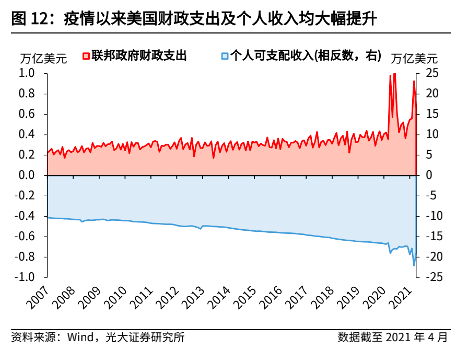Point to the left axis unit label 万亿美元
point(44,60)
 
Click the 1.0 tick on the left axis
point(28,74)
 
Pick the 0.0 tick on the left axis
point(28,175)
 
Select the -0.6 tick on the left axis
point(26,236)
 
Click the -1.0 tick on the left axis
point(26,277)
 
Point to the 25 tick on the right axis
point(429,74)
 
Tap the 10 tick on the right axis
point(429,135)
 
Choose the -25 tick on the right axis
point(431,277)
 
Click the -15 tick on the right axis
point(431,236)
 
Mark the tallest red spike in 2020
point(393,76)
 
